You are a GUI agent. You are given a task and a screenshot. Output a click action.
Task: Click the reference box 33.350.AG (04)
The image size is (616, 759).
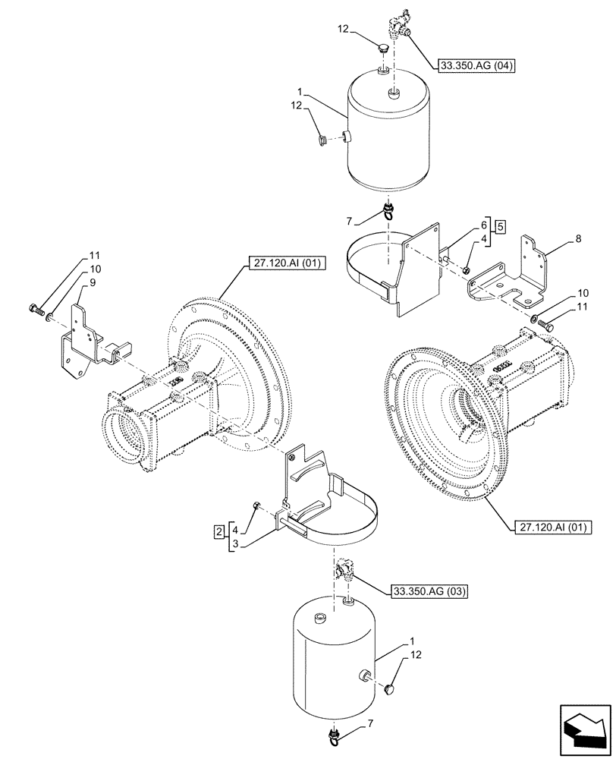click(x=476, y=65)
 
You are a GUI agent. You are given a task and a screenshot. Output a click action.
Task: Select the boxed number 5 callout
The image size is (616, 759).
click(x=501, y=225)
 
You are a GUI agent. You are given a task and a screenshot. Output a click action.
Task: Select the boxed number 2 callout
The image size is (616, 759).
click(x=218, y=530)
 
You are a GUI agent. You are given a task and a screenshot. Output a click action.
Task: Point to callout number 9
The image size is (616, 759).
click(x=92, y=282)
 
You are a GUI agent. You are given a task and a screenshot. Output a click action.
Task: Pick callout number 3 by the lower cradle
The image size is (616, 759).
click(x=237, y=544)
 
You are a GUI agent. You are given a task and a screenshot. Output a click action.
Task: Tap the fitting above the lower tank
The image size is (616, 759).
click(x=342, y=568)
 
